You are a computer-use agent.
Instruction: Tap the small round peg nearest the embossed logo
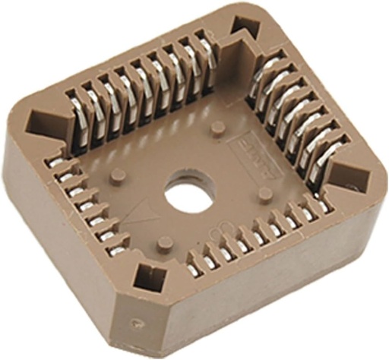point(217,126)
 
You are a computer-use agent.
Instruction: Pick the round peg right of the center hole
point(264,194)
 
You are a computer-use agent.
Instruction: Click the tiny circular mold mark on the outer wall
point(134,321)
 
